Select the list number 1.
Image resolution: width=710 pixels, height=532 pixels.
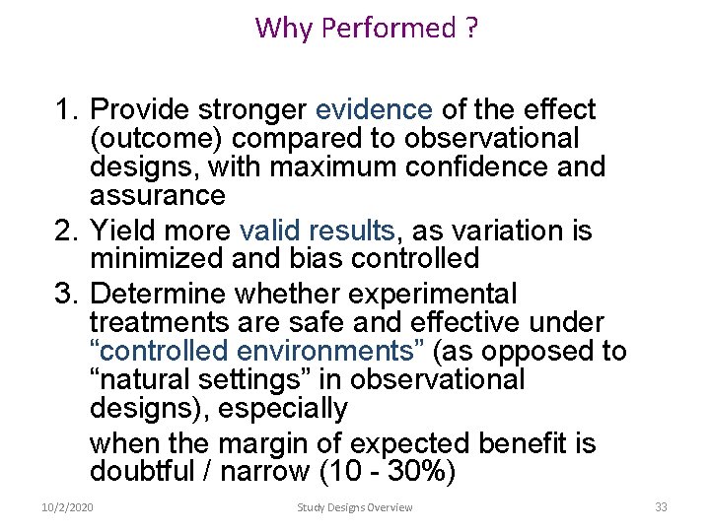(64, 109)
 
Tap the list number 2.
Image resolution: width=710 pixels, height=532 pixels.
(64, 231)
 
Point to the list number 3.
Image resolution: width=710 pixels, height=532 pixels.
(64, 294)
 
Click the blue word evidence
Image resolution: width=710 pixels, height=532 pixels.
(374, 109)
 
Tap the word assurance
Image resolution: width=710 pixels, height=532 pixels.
(157, 195)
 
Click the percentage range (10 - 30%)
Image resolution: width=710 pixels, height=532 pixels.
(388, 472)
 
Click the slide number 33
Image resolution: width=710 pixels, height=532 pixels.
(661, 506)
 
